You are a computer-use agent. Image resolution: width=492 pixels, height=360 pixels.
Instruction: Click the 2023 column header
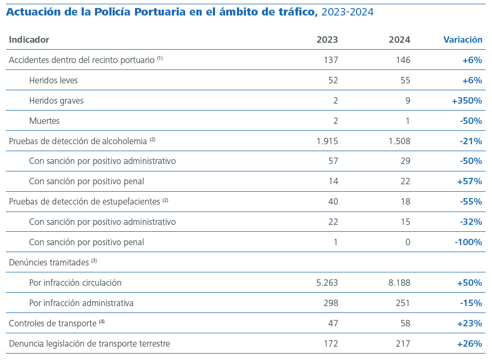[x=327, y=40]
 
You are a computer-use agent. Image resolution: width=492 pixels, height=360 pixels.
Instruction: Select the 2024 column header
[x=400, y=40]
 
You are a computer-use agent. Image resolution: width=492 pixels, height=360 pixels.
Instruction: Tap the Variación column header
[x=463, y=40]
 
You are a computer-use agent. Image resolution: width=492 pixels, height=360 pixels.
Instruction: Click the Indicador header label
[x=29, y=40]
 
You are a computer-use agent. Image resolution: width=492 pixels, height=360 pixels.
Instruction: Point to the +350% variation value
[x=466, y=100]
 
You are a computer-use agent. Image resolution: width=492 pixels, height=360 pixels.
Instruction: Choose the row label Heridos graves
[x=56, y=100]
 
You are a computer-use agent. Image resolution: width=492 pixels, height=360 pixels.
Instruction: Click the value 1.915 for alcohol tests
[x=327, y=141]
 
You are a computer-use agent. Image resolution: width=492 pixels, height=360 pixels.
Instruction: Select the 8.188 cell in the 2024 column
[x=399, y=283]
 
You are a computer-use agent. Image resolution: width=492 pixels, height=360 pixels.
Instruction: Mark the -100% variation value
[x=468, y=242]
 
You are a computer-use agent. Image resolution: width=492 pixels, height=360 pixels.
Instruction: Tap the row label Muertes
[x=44, y=121]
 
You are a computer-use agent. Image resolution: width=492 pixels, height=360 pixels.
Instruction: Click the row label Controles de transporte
[x=52, y=323]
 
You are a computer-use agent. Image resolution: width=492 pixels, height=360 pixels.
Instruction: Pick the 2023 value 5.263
[x=327, y=283]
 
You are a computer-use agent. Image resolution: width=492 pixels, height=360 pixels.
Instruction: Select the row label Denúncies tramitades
[x=49, y=262]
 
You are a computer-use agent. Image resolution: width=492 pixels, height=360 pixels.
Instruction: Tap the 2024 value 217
[x=403, y=343]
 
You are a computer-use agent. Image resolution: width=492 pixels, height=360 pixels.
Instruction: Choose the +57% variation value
[x=470, y=181]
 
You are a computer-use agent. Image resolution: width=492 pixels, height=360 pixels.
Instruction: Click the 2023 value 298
[x=330, y=303]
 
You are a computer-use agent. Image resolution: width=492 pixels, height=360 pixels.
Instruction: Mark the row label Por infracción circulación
[x=75, y=283]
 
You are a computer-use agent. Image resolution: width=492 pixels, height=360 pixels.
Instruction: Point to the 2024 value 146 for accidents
[x=403, y=60]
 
